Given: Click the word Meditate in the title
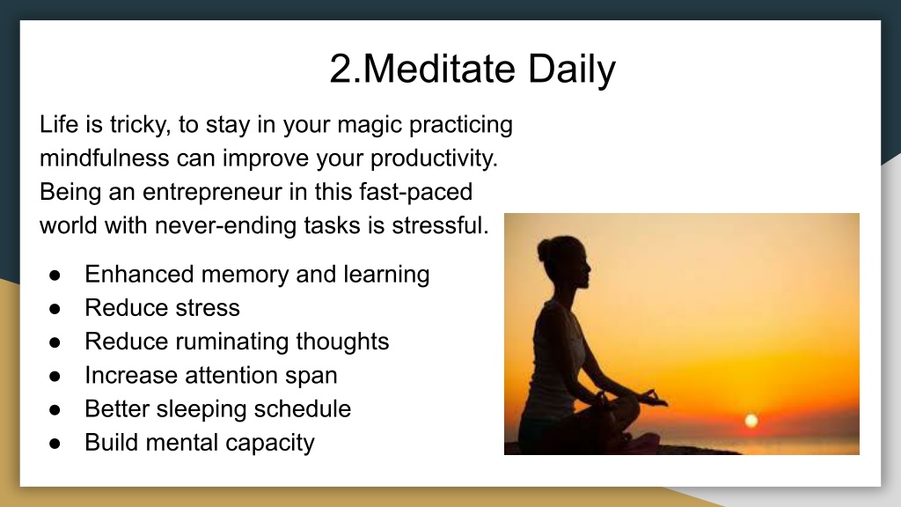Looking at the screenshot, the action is (x=440, y=69).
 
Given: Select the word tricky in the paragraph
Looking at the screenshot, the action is (x=140, y=125).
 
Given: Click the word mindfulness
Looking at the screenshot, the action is (x=104, y=158).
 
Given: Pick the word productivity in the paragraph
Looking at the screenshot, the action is (x=434, y=159).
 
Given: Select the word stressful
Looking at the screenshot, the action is (x=440, y=225).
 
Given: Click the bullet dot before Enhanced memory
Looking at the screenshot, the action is (x=55, y=276).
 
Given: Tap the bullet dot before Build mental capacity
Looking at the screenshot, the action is (x=55, y=444).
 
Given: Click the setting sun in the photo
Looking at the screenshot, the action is (x=751, y=421).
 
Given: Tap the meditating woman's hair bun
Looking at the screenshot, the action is (x=544, y=251).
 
